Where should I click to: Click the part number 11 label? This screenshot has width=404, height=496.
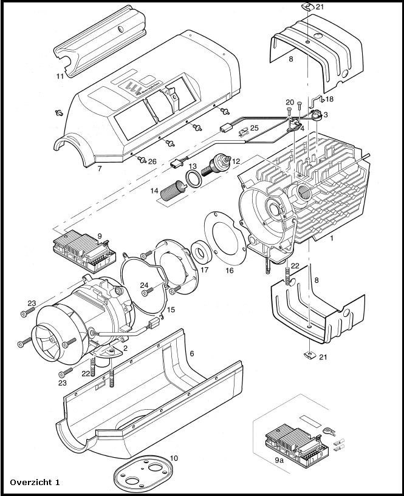(x=60, y=76)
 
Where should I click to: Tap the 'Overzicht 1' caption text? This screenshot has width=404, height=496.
(x=35, y=482)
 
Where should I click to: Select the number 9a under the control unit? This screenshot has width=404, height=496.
(x=279, y=460)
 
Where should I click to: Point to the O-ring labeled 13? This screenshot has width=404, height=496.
(x=194, y=179)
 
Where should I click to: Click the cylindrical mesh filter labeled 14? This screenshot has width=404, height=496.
(x=174, y=189)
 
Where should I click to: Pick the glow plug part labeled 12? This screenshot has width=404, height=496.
(x=216, y=163)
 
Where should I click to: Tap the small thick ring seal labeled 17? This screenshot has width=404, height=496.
(x=202, y=252)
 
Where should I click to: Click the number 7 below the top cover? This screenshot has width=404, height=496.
(x=100, y=169)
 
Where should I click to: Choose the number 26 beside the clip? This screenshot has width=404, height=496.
(x=152, y=161)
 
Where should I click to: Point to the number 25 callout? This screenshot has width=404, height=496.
(x=254, y=128)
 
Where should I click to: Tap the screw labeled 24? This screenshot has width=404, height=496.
(x=148, y=291)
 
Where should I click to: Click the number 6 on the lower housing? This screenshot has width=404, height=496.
(x=192, y=353)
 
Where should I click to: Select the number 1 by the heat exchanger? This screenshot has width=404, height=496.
(x=332, y=238)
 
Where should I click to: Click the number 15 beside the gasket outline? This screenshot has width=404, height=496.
(x=171, y=310)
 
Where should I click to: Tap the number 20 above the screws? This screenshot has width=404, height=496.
(x=290, y=102)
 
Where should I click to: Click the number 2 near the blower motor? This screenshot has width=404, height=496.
(x=125, y=348)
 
